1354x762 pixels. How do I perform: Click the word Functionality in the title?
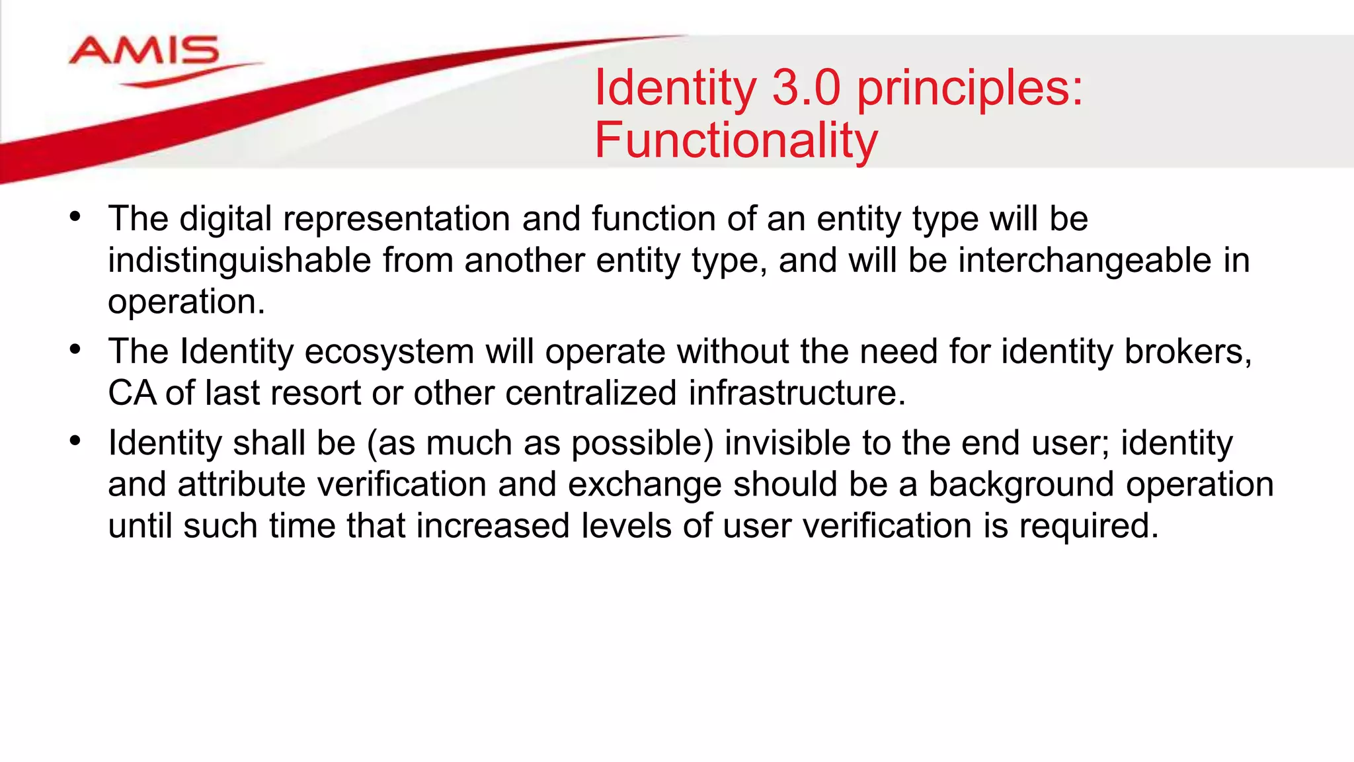pyautogui.click(x=736, y=140)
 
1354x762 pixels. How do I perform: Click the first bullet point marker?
pyautogui.click(x=75, y=216)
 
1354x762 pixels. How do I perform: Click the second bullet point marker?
pyautogui.click(x=75, y=349)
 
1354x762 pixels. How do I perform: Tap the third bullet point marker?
pyautogui.click(x=75, y=441)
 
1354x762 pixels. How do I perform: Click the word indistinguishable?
pyautogui.click(x=239, y=260)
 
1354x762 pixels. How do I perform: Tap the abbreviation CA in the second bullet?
pyautogui.click(x=132, y=393)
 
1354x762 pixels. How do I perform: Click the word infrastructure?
pyautogui.click(x=797, y=393)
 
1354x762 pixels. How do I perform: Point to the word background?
pyautogui.click(x=1021, y=485)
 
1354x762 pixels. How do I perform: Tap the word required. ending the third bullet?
pyautogui.click(x=1089, y=527)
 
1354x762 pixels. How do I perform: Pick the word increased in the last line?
pyautogui.click(x=493, y=527)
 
